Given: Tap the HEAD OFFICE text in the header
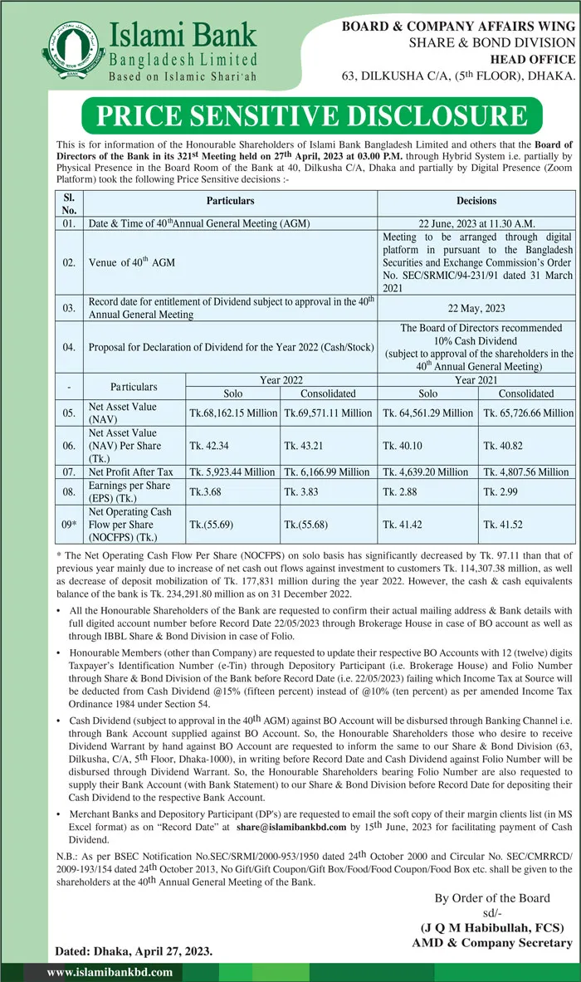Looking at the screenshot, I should [x=533, y=59].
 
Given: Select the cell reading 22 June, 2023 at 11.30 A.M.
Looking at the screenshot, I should [x=476, y=223].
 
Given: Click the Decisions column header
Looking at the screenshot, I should [x=476, y=201].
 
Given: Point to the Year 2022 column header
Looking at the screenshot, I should [x=281, y=379].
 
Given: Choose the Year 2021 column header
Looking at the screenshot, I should [x=476, y=379].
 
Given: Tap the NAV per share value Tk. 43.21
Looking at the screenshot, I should [x=302, y=445].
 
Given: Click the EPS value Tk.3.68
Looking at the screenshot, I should [x=207, y=491].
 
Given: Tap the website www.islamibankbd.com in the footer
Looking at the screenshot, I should [x=110, y=972].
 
